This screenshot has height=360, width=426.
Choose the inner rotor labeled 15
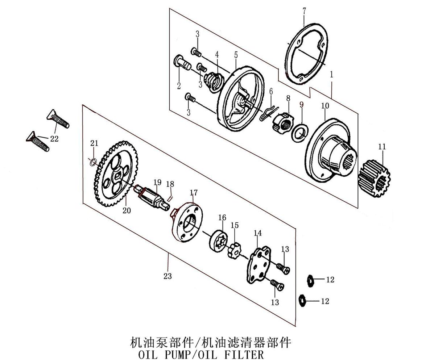pos(235,250)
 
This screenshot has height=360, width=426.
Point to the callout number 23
pos(167,276)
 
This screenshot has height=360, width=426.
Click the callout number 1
pos(331,75)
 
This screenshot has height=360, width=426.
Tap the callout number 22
pos(54,138)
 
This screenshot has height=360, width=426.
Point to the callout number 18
pos(170,184)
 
